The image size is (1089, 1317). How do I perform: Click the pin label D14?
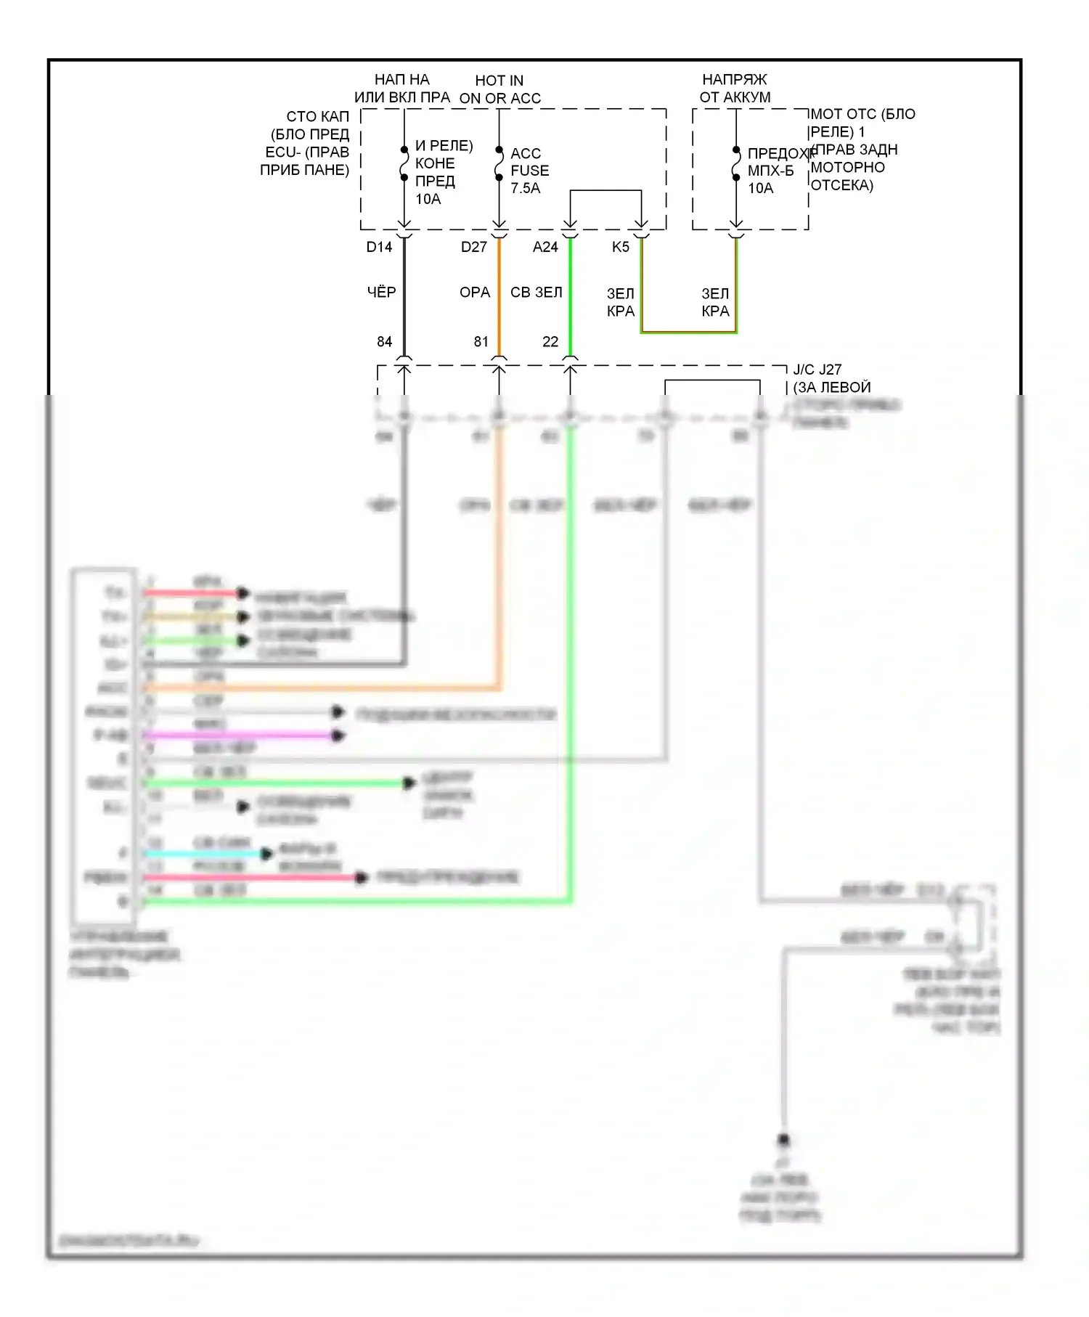pyautogui.click(x=379, y=247)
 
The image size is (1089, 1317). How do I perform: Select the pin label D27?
pyautogui.click(x=473, y=247)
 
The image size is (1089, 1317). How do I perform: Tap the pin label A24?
pyautogui.click(x=545, y=247)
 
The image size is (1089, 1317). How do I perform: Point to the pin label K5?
pyautogui.click(x=620, y=247)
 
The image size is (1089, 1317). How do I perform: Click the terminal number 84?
pyautogui.click(x=384, y=341)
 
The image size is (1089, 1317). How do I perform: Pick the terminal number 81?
pyautogui.click(x=481, y=341)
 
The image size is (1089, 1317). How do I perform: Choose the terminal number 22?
pyautogui.click(x=550, y=341)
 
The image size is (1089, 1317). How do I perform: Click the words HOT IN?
pyautogui.click(x=499, y=81)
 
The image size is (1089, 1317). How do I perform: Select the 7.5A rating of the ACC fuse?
pyautogui.click(x=525, y=188)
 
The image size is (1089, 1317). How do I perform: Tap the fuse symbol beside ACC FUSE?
pyautogui.click(x=499, y=164)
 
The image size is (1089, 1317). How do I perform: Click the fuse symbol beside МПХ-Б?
pyautogui.click(x=736, y=164)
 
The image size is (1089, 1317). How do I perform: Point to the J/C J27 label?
pyautogui.click(x=817, y=370)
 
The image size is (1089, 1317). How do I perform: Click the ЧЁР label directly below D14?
pyautogui.click(x=381, y=292)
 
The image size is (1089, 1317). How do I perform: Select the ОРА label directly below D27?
pyautogui.click(x=475, y=292)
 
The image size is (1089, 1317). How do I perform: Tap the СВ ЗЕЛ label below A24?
pyautogui.click(x=536, y=292)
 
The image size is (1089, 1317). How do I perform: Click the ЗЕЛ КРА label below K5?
pyautogui.click(x=621, y=302)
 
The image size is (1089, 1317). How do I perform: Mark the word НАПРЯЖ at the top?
pyautogui.click(x=734, y=79)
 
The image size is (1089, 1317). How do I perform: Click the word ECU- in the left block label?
pyautogui.click(x=282, y=152)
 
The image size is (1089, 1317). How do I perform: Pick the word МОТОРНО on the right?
pyautogui.click(x=847, y=167)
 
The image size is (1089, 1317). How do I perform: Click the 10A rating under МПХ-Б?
pyautogui.click(x=760, y=188)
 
